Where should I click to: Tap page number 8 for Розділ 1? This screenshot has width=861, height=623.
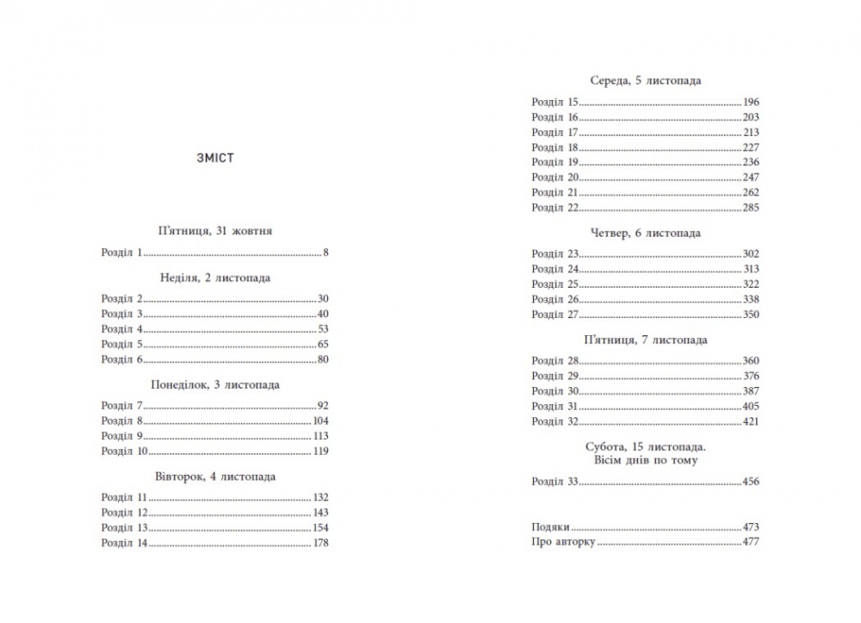coord(326,253)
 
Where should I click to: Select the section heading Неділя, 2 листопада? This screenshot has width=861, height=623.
coord(215,277)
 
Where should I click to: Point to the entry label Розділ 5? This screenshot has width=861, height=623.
coord(121,343)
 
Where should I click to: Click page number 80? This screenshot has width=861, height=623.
coord(324,358)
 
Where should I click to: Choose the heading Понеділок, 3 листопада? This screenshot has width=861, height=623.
coord(215,384)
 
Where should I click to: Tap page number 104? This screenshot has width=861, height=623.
coord(320,421)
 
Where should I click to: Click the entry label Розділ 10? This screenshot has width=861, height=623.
coord(124,451)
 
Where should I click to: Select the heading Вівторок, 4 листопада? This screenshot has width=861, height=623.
coord(215,476)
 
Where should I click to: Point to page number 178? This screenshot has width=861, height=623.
coord(320,543)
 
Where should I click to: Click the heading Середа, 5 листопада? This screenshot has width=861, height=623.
coord(645,80)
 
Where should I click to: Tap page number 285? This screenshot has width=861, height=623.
coord(751,208)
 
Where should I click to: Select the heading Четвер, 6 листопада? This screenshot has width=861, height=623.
coord(645,233)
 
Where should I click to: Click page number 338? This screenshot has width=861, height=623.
coord(751,299)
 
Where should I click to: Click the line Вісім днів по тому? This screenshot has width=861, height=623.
coord(645,460)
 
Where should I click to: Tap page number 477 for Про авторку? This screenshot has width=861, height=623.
coord(751,543)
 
